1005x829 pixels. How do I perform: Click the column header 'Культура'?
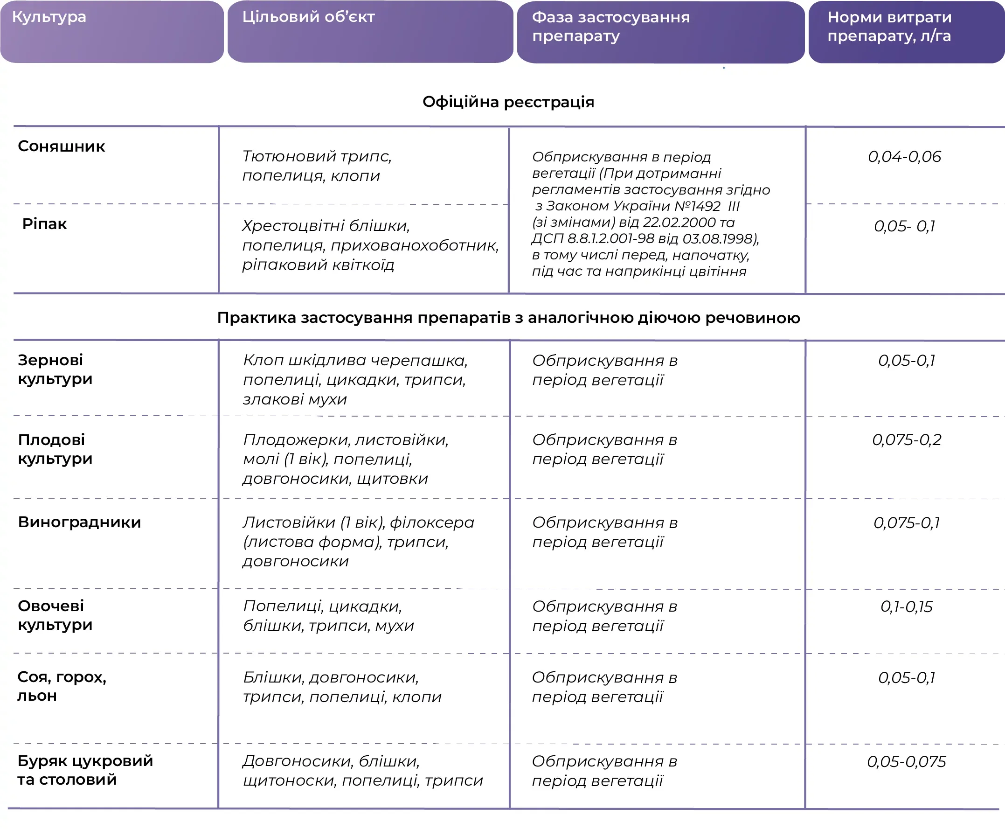49,17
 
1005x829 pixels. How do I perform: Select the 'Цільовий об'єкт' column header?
308,17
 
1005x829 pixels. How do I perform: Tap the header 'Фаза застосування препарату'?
610,26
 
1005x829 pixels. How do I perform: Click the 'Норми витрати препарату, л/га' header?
889,26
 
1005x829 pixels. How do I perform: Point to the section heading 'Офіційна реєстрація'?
508,102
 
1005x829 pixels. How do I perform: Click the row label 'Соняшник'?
61,146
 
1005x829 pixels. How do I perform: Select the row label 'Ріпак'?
44,224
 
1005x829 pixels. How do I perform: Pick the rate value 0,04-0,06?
904,157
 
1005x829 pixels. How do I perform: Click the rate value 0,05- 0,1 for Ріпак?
904,226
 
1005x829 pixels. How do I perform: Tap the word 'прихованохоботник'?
415,245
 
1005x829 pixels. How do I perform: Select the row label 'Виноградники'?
79,522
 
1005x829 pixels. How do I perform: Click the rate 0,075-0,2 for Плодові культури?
906,440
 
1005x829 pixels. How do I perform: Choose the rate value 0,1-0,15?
906,606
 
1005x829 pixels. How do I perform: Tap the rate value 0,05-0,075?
906,762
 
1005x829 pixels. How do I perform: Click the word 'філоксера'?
432,522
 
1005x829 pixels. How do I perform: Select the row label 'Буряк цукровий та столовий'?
85,770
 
